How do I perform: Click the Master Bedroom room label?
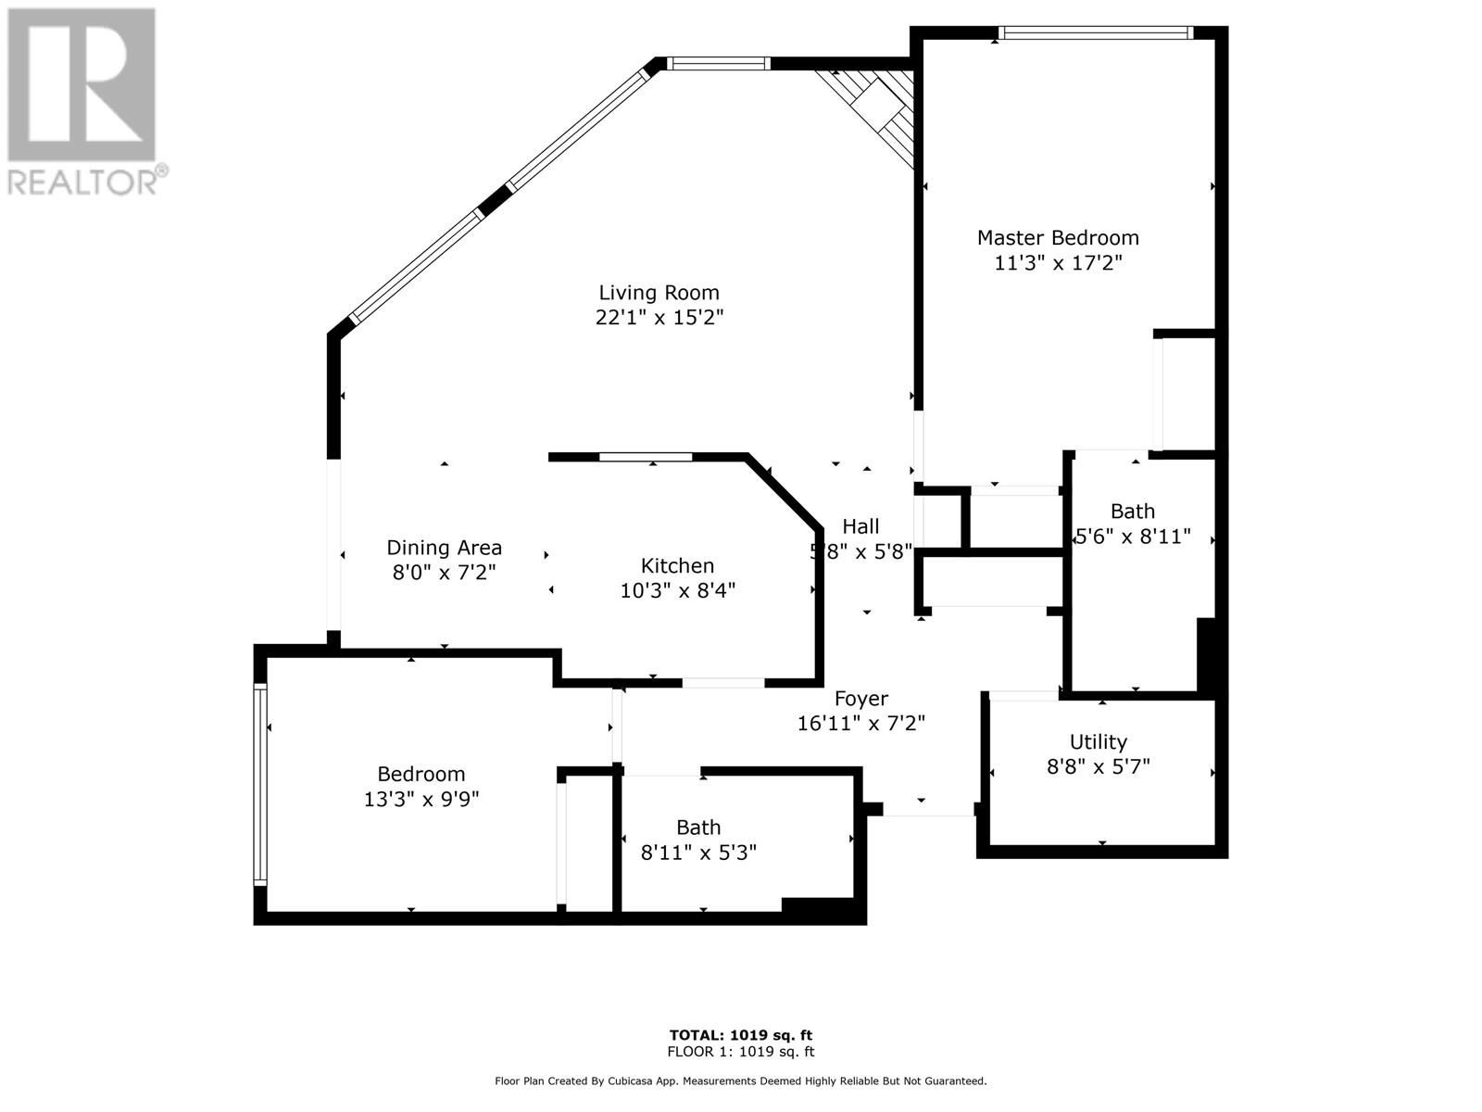click(1058, 237)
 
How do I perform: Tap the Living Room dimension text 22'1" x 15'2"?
click(659, 317)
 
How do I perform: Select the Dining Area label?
click(445, 548)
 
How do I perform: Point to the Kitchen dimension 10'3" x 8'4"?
click(677, 591)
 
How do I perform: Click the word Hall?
click(860, 526)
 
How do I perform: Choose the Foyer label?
click(861, 698)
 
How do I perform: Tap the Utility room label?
click(1099, 742)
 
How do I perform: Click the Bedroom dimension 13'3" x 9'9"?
click(421, 800)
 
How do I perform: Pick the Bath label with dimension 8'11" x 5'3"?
click(698, 828)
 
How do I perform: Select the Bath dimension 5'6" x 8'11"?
click(1133, 537)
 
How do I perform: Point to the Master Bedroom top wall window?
click(1096, 32)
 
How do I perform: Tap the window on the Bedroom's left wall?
click(260, 784)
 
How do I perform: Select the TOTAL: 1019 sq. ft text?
click(741, 1035)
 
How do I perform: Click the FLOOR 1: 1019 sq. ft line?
click(741, 1052)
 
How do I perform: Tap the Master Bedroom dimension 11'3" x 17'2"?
click(1058, 262)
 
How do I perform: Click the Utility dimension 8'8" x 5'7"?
click(1099, 767)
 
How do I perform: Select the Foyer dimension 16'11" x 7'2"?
click(861, 724)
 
